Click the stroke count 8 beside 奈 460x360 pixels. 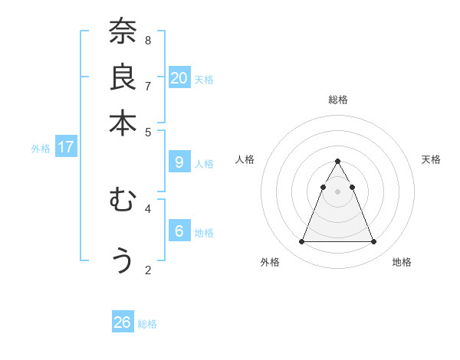tap(148, 40)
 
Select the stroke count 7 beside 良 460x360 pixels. tap(148, 86)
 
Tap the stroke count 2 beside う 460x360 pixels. tap(148, 270)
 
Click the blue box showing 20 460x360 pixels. tap(179, 77)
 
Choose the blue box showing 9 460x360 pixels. tap(179, 162)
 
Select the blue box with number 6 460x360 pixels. tap(179, 231)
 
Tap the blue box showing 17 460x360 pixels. tap(65, 147)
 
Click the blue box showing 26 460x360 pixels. tap(123, 322)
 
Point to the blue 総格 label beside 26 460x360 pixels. tap(147, 324)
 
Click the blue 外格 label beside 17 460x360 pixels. tap(41, 149)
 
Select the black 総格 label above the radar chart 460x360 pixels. tap(337, 100)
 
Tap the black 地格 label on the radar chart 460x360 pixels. tap(402, 262)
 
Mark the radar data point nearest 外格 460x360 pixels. tap(301, 242)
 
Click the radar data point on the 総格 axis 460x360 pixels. tap(337, 162)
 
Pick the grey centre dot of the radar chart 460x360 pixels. tap(337, 191)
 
